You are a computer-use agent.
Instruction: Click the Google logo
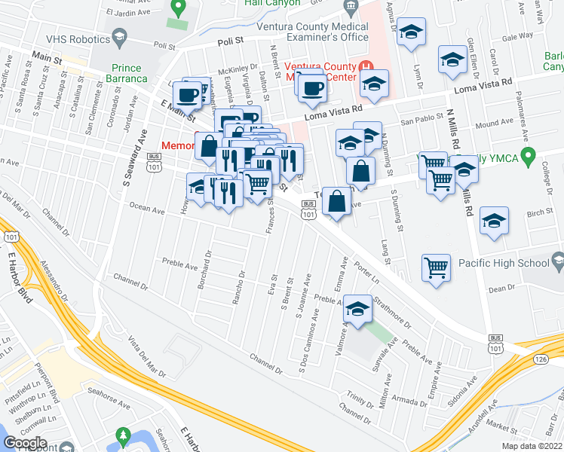click(25, 443)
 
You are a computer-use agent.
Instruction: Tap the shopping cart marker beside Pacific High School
click(437, 267)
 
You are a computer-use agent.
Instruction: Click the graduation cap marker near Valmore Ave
click(358, 310)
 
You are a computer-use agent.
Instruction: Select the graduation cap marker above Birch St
click(494, 221)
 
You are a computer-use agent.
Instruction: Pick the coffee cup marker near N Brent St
click(311, 88)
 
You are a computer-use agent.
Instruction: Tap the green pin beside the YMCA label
click(529, 157)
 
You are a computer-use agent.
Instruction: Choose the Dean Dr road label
click(501, 289)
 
